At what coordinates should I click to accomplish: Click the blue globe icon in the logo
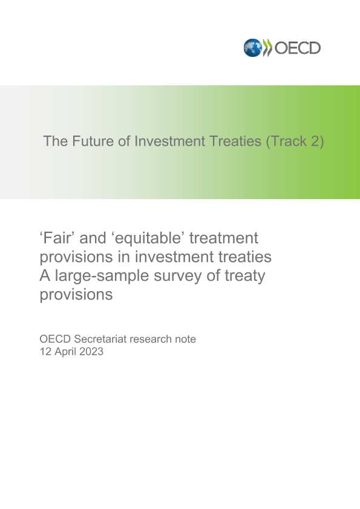coord(252,48)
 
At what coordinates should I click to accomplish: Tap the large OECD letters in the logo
coord(298,48)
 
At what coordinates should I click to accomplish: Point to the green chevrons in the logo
coord(267,48)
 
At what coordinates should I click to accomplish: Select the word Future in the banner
coord(93,141)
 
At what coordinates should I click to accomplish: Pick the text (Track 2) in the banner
coord(295,142)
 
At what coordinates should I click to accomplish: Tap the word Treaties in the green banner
coord(235,141)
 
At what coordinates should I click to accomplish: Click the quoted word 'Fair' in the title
coord(57,238)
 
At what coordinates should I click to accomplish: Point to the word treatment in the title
coord(224,238)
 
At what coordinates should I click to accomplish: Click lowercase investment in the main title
coord(174,257)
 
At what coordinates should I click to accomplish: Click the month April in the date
coord(65,352)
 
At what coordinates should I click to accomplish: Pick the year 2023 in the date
coord(91,351)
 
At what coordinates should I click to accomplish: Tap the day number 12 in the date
coord(45,351)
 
